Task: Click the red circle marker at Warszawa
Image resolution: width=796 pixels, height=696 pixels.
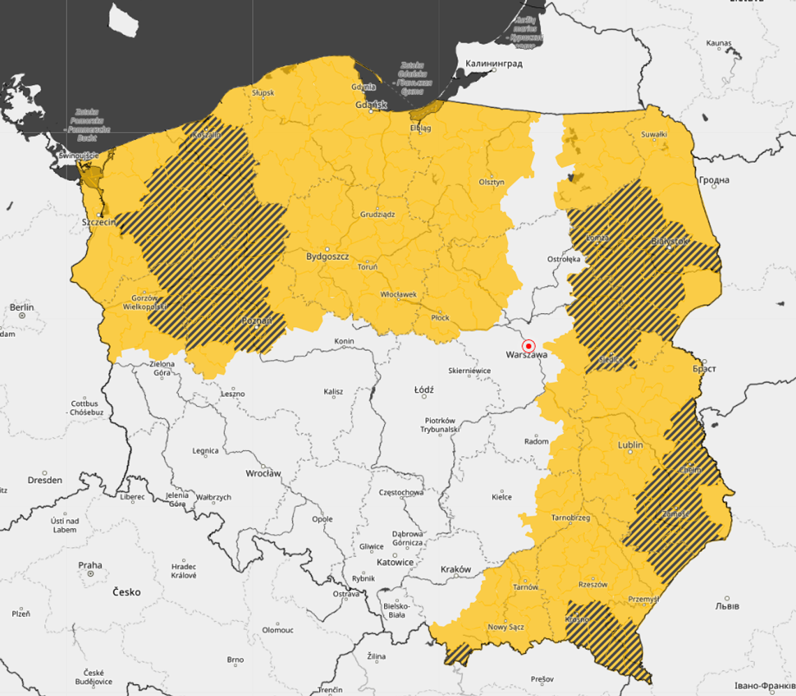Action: click(x=529, y=346)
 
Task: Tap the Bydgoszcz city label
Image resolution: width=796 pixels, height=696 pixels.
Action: click(x=327, y=256)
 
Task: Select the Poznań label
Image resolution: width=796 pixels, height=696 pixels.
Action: click(x=252, y=321)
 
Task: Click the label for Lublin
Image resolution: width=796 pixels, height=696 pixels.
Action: click(x=631, y=445)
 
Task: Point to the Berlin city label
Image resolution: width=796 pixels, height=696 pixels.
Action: click(x=22, y=307)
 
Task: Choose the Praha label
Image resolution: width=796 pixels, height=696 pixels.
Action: click(x=90, y=565)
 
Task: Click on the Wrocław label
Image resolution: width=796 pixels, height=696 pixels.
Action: click(x=263, y=473)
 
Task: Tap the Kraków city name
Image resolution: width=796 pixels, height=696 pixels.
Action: click(x=456, y=570)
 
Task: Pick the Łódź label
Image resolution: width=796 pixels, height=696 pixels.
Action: click(x=424, y=389)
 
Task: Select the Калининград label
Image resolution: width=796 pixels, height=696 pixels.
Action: click(x=494, y=64)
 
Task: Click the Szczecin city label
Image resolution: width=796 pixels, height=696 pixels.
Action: click(x=98, y=222)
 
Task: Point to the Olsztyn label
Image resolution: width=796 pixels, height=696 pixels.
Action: click(x=492, y=182)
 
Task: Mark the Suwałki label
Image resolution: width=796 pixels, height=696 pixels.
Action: click(x=654, y=133)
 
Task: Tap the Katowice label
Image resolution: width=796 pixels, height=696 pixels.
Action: click(x=395, y=562)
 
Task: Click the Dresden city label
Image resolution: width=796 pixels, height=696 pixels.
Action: click(x=45, y=480)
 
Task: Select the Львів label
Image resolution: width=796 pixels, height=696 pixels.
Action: click(x=726, y=606)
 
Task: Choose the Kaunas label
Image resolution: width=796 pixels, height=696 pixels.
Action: click(x=718, y=43)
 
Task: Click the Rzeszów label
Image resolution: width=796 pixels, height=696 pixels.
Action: click(x=593, y=584)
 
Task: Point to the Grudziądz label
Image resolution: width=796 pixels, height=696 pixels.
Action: click(x=378, y=214)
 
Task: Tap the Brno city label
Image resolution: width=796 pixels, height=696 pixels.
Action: click(x=235, y=660)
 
